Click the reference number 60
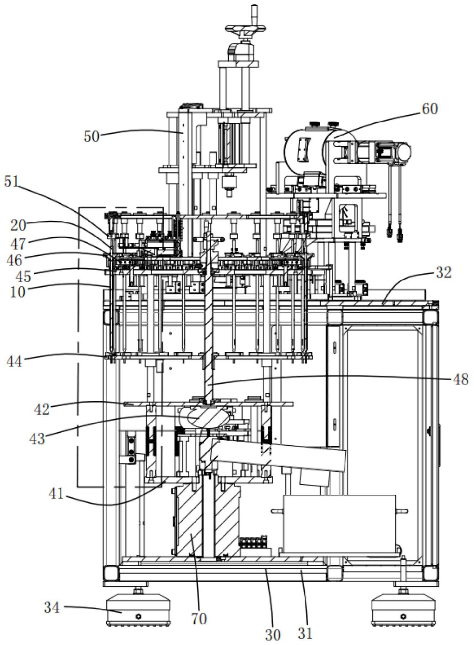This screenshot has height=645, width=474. (429, 109)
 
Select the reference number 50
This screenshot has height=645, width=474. (91, 136)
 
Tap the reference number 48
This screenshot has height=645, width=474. (461, 379)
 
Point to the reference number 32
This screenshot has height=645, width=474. (444, 273)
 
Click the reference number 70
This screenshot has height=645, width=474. (199, 619)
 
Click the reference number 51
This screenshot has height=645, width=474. (12, 181)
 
